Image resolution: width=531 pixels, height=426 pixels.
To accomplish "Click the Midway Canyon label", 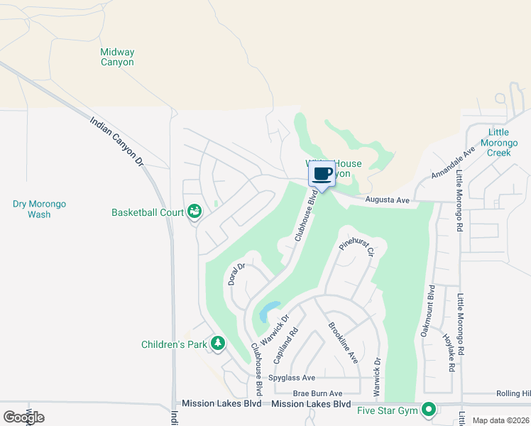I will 117,57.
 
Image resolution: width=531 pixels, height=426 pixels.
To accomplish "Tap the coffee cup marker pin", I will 322,175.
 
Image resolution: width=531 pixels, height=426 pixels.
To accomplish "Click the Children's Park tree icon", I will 218,344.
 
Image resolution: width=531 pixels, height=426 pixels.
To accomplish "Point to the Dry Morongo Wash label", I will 39,209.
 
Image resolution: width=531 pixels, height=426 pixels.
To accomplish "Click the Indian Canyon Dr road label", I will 118,141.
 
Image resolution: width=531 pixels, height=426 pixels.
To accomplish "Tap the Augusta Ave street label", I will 388,201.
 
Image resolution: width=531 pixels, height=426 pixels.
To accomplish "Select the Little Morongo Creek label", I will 509,143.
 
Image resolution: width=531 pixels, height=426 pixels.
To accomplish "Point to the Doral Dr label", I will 236,274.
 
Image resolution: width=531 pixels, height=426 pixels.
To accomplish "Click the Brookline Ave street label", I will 343,344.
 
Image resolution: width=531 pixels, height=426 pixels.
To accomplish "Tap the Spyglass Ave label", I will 292,378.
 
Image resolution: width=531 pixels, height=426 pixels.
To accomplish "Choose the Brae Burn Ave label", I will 317,393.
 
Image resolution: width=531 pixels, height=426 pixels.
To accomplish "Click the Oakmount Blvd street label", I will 429,311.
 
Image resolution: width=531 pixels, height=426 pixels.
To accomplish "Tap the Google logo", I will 23,417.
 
